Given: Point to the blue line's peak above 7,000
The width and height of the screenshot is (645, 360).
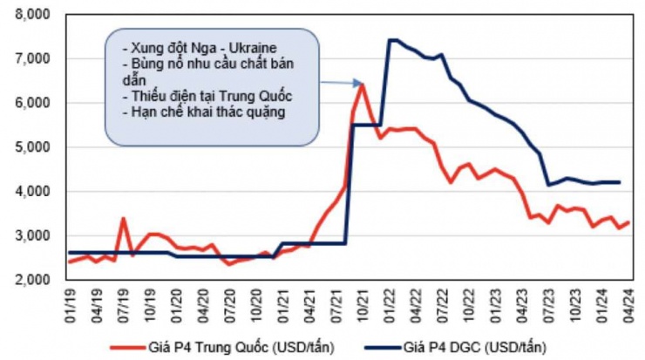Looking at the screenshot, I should pyautogui.click(x=392, y=39).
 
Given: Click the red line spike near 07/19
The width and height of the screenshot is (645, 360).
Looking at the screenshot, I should pyautogui.click(x=124, y=219).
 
